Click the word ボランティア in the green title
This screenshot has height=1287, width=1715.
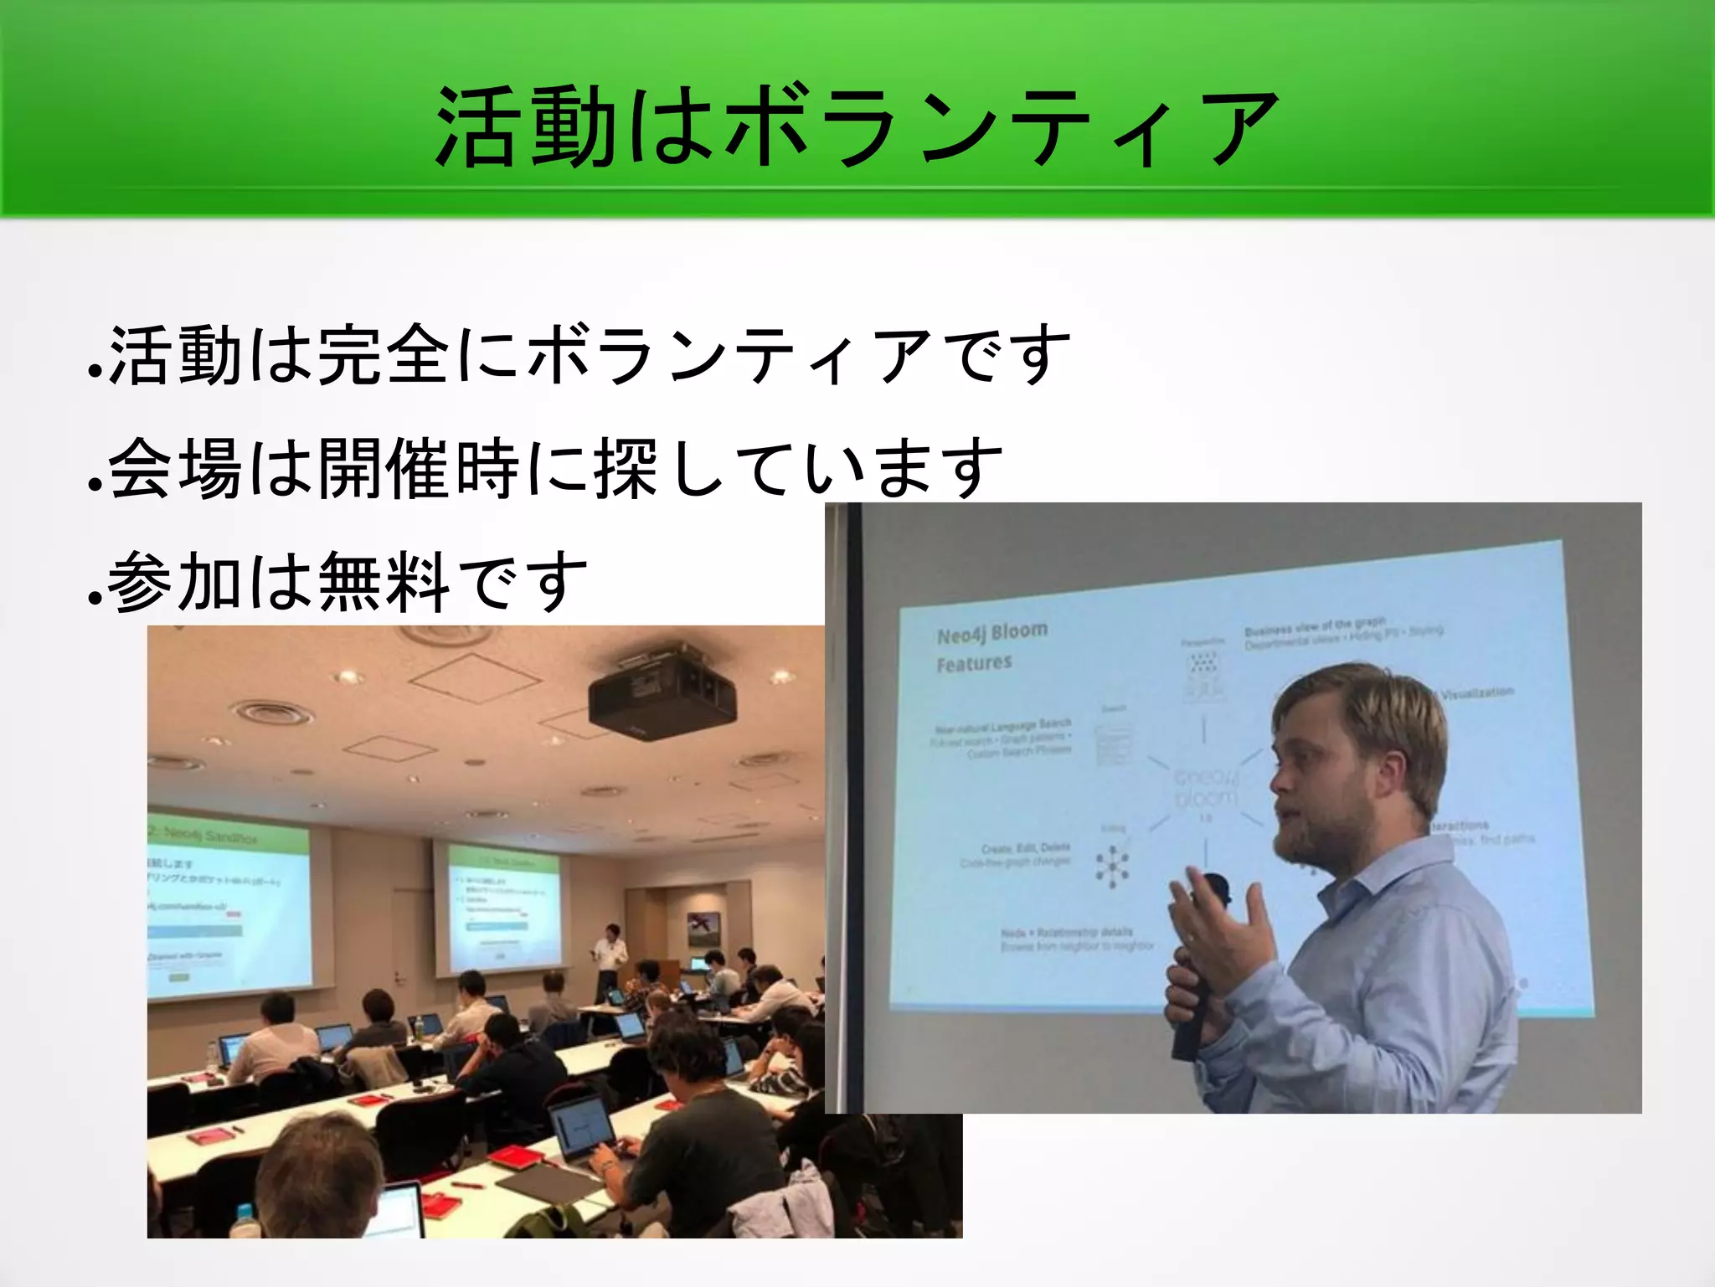[1001, 128]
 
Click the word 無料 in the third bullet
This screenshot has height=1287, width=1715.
[384, 581]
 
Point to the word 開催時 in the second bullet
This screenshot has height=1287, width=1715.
[419, 468]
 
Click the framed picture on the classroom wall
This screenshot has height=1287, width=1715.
[703, 927]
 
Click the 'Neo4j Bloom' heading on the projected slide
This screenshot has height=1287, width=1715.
[992, 632]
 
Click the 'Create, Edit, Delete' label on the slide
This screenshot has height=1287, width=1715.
[1025, 848]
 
